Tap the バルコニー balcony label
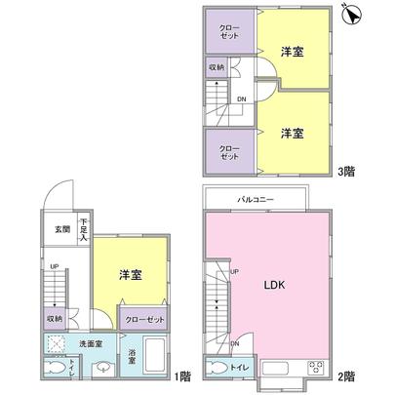[x=257, y=200]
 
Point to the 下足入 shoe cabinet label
[x=84, y=228]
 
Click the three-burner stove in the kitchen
[x=317, y=368]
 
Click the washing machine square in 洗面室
[x=59, y=344]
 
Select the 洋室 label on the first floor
[x=132, y=275]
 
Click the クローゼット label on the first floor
[x=143, y=319]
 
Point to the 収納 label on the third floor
[x=216, y=67]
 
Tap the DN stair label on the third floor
[x=241, y=99]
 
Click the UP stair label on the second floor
[x=234, y=271]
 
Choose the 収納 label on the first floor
[x=55, y=318]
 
